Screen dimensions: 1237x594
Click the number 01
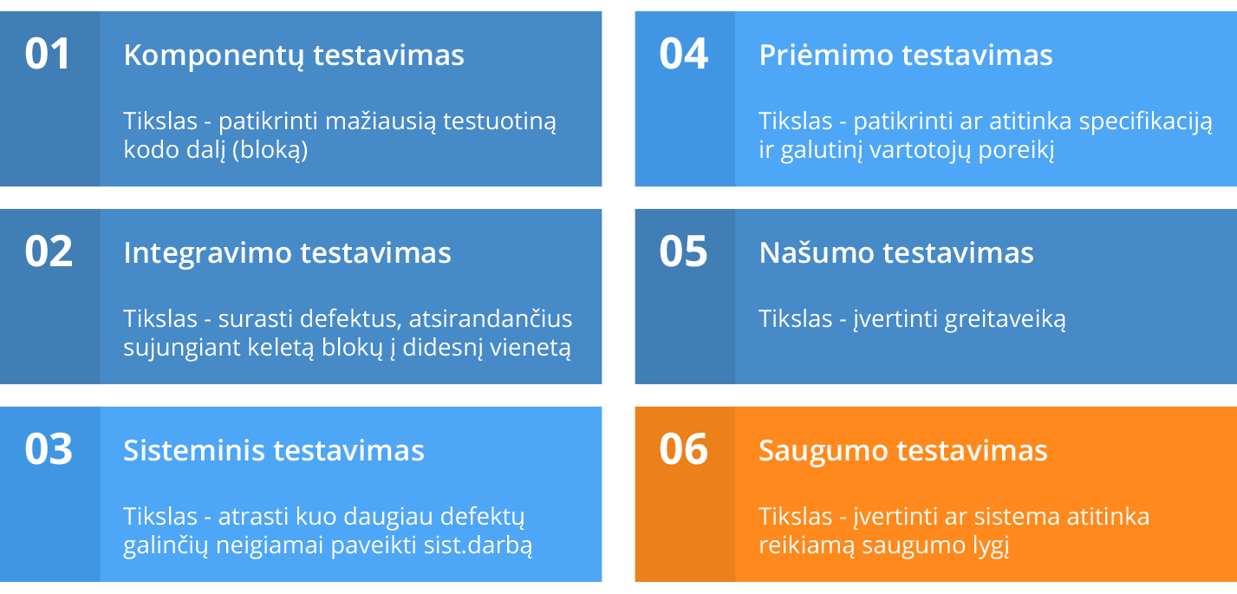click(x=48, y=54)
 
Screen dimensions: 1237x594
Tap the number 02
click(x=49, y=251)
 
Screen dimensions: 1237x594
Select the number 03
click(x=49, y=448)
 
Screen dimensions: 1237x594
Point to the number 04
click(x=683, y=54)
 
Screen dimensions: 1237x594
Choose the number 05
click(x=683, y=251)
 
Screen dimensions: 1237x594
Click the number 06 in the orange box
click(x=683, y=448)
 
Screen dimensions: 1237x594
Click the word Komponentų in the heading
click(x=213, y=55)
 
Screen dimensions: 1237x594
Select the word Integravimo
click(x=207, y=253)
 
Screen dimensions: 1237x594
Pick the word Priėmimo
click(x=825, y=55)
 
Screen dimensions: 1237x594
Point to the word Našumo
click(x=817, y=252)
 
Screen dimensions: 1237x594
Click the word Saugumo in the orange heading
click(x=824, y=452)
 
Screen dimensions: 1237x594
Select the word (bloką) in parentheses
click(x=270, y=150)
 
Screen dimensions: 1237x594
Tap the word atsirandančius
click(x=491, y=319)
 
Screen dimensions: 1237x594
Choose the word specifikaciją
click(x=1146, y=122)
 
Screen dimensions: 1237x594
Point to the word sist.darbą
click(x=479, y=546)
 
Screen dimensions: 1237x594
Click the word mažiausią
click(x=381, y=122)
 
